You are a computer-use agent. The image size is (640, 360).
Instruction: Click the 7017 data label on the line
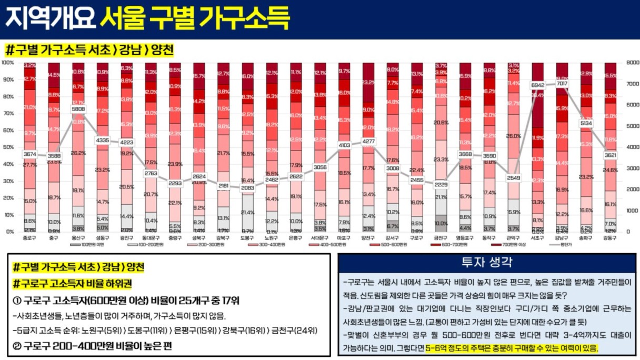point(562,83)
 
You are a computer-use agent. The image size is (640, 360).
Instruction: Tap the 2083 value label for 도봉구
point(247,188)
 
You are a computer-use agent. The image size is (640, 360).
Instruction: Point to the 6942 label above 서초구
point(537,84)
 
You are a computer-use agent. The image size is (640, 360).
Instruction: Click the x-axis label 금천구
point(441,238)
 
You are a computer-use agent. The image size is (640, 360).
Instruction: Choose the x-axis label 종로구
point(29,238)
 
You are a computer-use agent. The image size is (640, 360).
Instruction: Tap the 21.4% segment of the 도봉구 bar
point(247,212)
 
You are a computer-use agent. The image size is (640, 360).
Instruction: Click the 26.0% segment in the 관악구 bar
point(514,136)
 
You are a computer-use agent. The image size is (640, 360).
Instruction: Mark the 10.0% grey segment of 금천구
point(441,223)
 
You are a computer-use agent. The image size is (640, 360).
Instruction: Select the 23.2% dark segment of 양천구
point(368,83)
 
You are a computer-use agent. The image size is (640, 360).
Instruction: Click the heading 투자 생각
point(487,262)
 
